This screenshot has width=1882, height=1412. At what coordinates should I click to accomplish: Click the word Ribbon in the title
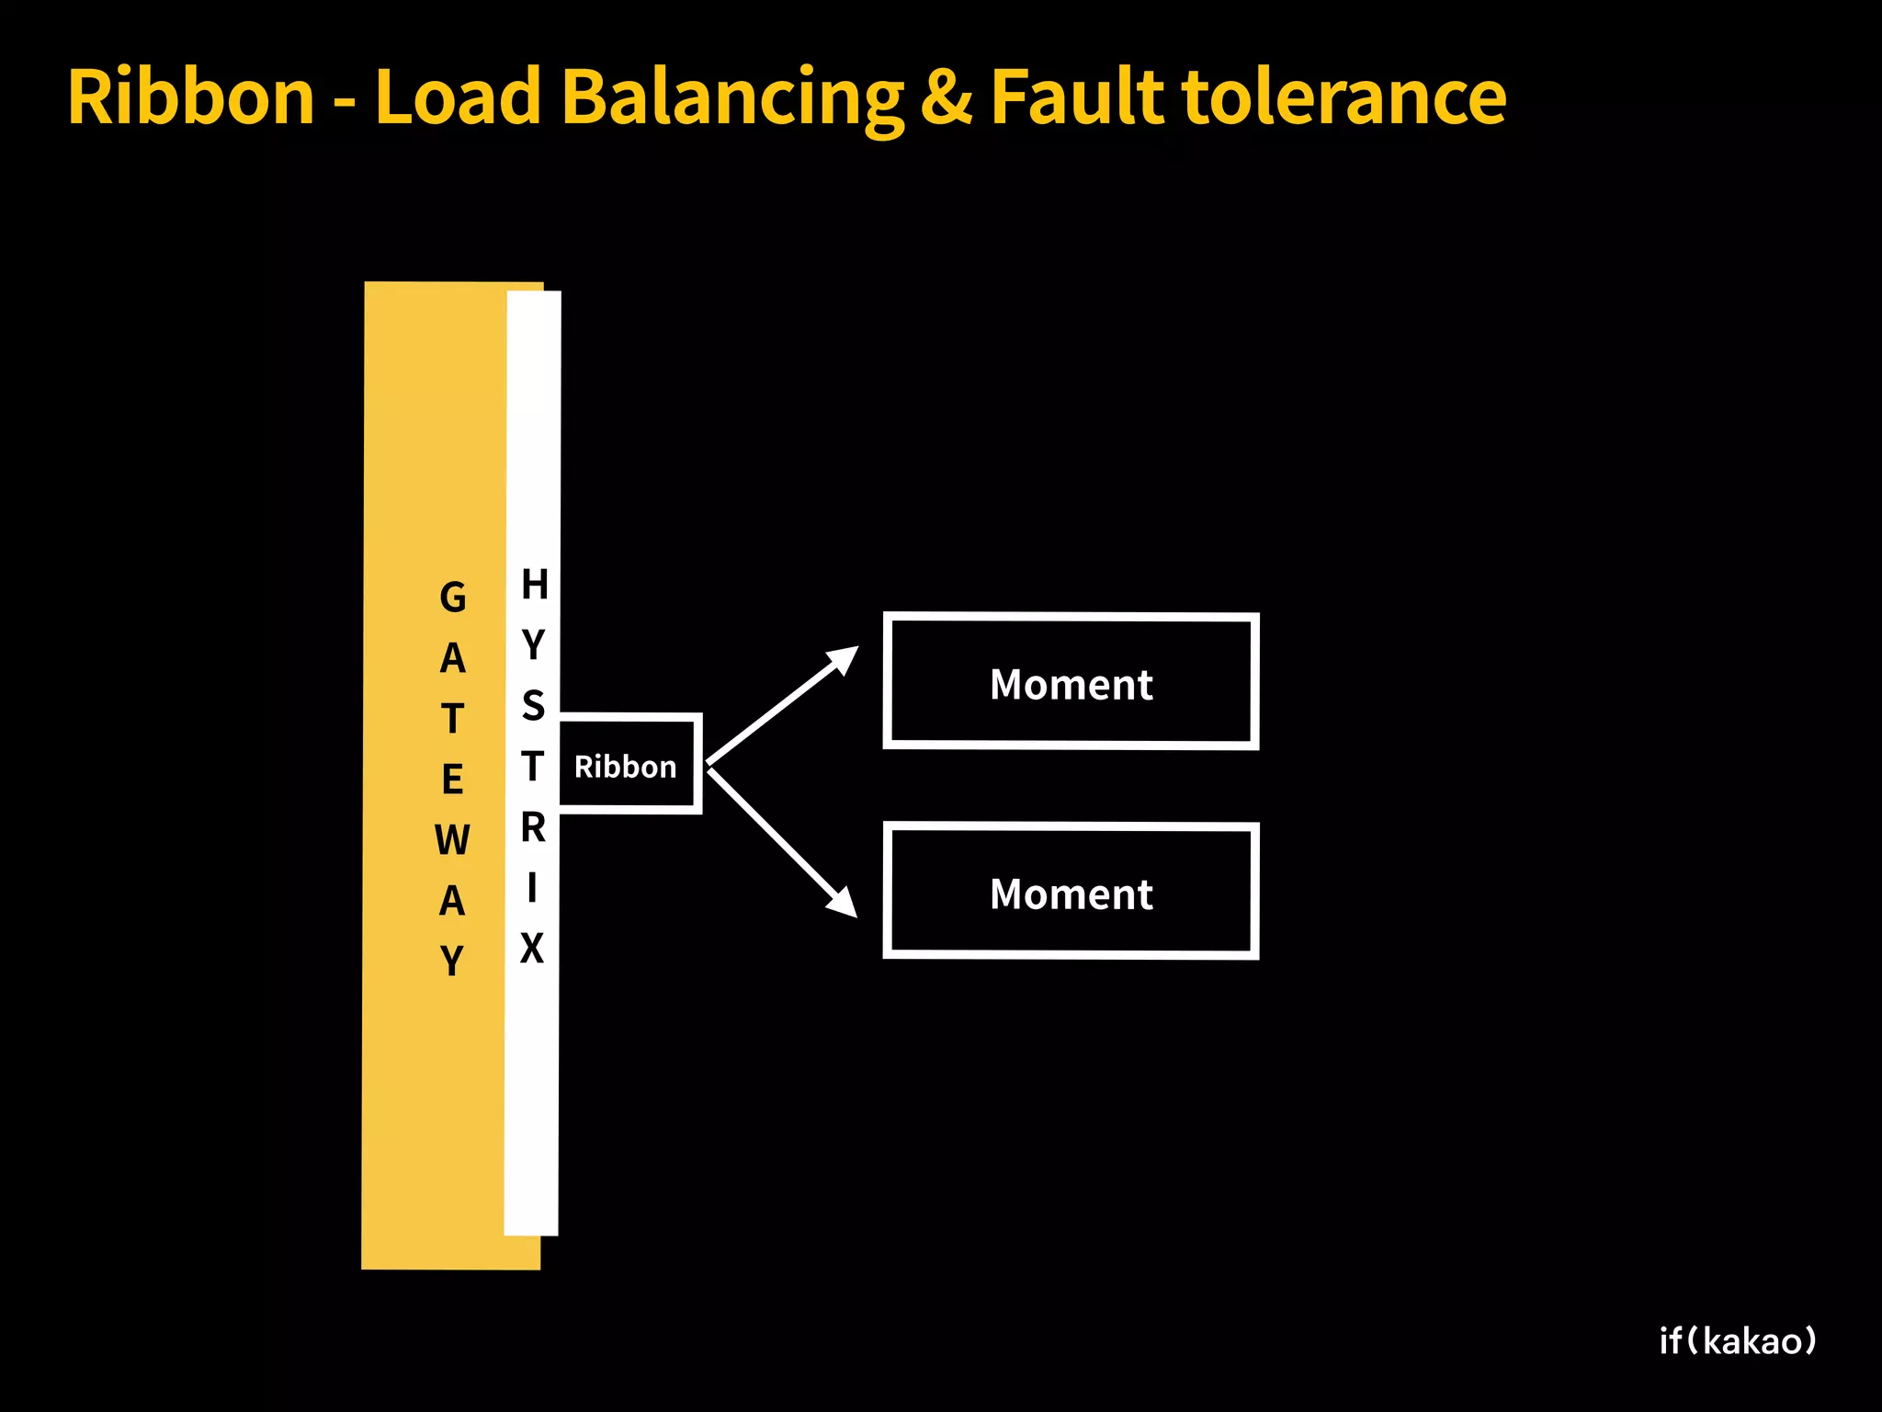coord(191,97)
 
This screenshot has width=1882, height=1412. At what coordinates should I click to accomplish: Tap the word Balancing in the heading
coord(732,98)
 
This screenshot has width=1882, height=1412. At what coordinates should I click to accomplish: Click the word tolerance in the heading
coord(1343,97)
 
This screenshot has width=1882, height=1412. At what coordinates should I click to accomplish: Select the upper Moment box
coord(1071,681)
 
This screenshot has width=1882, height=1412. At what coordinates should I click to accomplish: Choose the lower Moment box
coord(1071,892)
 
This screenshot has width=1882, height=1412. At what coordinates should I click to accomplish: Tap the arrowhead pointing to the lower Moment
coord(843,903)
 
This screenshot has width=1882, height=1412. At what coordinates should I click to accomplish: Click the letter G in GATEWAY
coord(452,598)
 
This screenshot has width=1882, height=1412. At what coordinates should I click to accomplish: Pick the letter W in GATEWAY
coord(452,840)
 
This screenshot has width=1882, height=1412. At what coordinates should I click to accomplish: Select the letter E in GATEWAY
coord(452,780)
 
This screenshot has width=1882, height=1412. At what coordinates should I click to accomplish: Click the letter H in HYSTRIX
coord(534,584)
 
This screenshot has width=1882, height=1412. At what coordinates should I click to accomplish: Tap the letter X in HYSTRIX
coord(532,948)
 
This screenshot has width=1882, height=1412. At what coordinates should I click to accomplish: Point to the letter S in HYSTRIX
coord(533,705)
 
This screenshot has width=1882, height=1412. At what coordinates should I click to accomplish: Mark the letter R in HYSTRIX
coord(533,827)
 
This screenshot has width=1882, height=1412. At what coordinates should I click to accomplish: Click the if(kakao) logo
coord(1738,1341)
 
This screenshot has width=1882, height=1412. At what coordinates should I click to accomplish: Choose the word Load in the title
coord(458,97)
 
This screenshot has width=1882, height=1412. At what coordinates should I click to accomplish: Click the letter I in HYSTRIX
coord(532,888)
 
